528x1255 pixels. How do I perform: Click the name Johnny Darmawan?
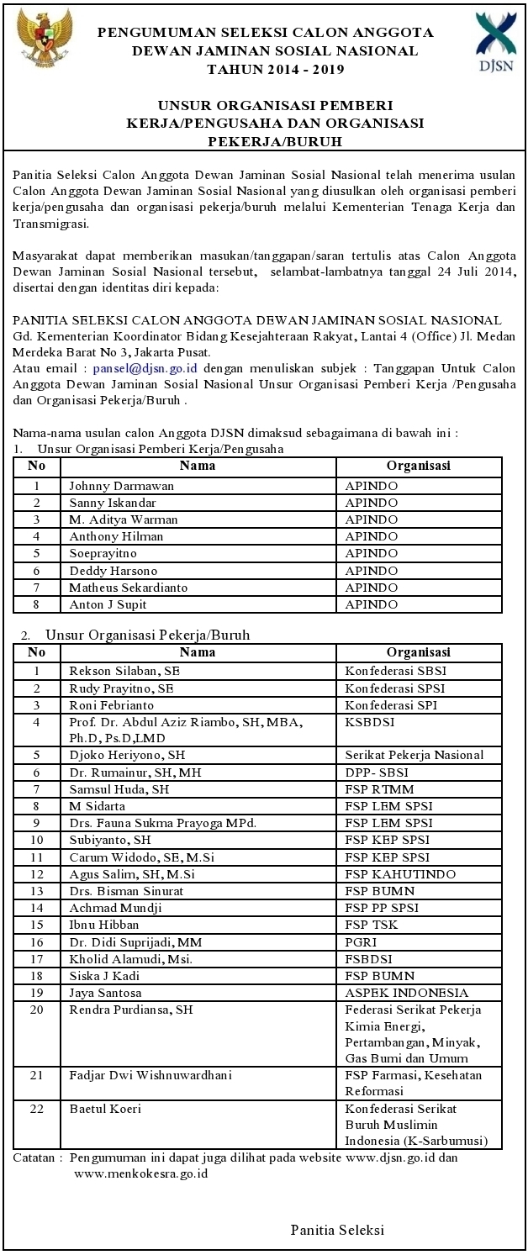pos(109,486)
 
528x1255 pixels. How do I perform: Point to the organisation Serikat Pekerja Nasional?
pos(414,755)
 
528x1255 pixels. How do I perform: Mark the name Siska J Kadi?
pos(104,975)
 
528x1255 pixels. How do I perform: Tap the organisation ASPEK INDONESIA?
pos(406,993)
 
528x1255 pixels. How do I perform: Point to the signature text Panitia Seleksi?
pos(337,1230)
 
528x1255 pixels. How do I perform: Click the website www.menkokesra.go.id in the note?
pos(140,1173)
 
